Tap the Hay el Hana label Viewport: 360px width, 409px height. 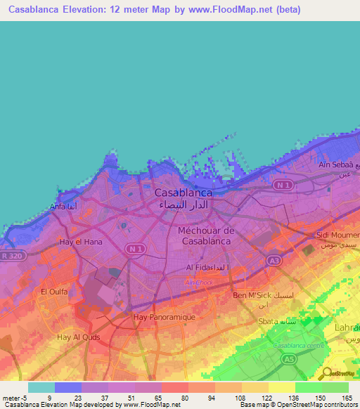coord(77,242)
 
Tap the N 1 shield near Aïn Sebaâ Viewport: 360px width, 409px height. coord(283,185)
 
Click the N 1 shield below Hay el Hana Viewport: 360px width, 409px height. coord(134,249)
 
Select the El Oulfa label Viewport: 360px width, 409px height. coord(53,292)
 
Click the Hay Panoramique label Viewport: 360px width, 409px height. coord(163,317)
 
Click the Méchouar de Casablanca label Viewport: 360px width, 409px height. coord(205,235)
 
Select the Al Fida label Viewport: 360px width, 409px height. coord(207,268)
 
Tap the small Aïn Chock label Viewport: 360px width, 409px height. coord(199,283)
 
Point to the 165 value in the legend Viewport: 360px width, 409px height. coord(346,397)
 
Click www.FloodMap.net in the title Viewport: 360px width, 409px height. coord(229,9)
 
